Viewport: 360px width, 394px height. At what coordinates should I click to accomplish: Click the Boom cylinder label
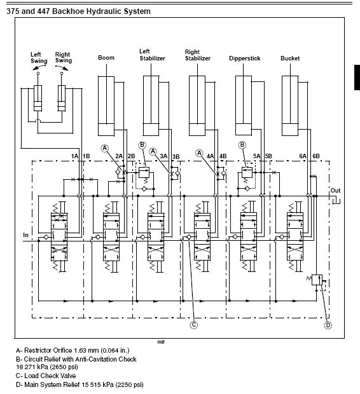pyautogui.click(x=106, y=58)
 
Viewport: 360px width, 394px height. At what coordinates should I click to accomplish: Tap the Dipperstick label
pyautogui.click(x=244, y=58)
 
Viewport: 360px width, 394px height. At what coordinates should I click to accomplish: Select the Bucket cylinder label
pyautogui.click(x=290, y=58)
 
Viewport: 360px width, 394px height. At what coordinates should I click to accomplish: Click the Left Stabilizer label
pyautogui.click(x=152, y=55)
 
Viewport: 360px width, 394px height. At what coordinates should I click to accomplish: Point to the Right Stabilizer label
pyautogui.click(x=197, y=55)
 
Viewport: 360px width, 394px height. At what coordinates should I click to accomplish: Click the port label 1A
pyautogui.click(x=74, y=156)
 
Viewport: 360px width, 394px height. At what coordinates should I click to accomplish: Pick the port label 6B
pyautogui.click(x=316, y=156)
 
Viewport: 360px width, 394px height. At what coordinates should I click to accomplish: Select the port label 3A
pyautogui.click(x=163, y=156)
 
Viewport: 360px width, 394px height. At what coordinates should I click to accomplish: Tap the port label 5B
pyautogui.click(x=268, y=156)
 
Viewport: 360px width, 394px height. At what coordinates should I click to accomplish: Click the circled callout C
pyautogui.click(x=194, y=325)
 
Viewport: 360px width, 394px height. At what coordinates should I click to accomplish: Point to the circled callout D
pyautogui.click(x=328, y=325)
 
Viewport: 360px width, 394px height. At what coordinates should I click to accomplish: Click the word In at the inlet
pyautogui.click(x=25, y=235)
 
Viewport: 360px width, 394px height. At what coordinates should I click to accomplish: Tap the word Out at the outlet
pyautogui.click(x=335, y=191)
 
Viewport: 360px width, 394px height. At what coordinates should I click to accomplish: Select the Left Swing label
pyautogui.click(x=39, y=58)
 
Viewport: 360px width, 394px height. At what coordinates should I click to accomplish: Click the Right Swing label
pyautogui.click(x=64, y=58)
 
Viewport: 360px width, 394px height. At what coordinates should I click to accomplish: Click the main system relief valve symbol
pyautogui.click(x=317, y=280)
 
